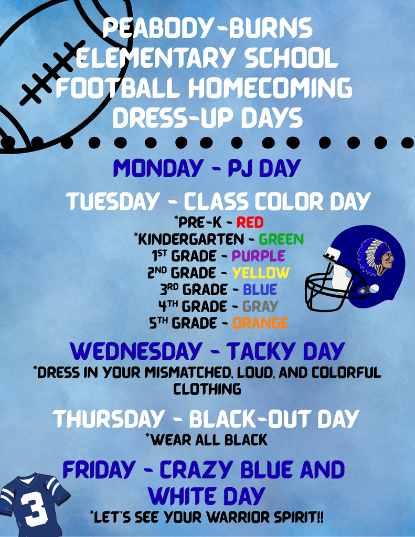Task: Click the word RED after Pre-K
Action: coord(250,222)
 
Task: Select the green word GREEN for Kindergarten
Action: coord(281,239)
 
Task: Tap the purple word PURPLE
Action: coord(258,256)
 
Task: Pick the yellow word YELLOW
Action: coord(261,273)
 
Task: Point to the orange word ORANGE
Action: coord(260,323)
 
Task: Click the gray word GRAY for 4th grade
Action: coord(260,306)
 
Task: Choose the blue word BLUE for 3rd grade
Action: coord(260,289)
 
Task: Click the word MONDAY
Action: coord(158,168)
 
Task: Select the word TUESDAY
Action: coord(112,201)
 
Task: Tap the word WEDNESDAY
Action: coord(136,351)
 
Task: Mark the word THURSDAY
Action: coord(108,419)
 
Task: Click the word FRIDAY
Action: coord(99,469)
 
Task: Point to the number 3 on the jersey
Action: coord(34,508)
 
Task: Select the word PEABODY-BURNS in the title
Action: coord(208,28)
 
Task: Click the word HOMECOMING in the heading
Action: coord(270,88)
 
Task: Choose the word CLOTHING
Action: coord(207,390)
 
